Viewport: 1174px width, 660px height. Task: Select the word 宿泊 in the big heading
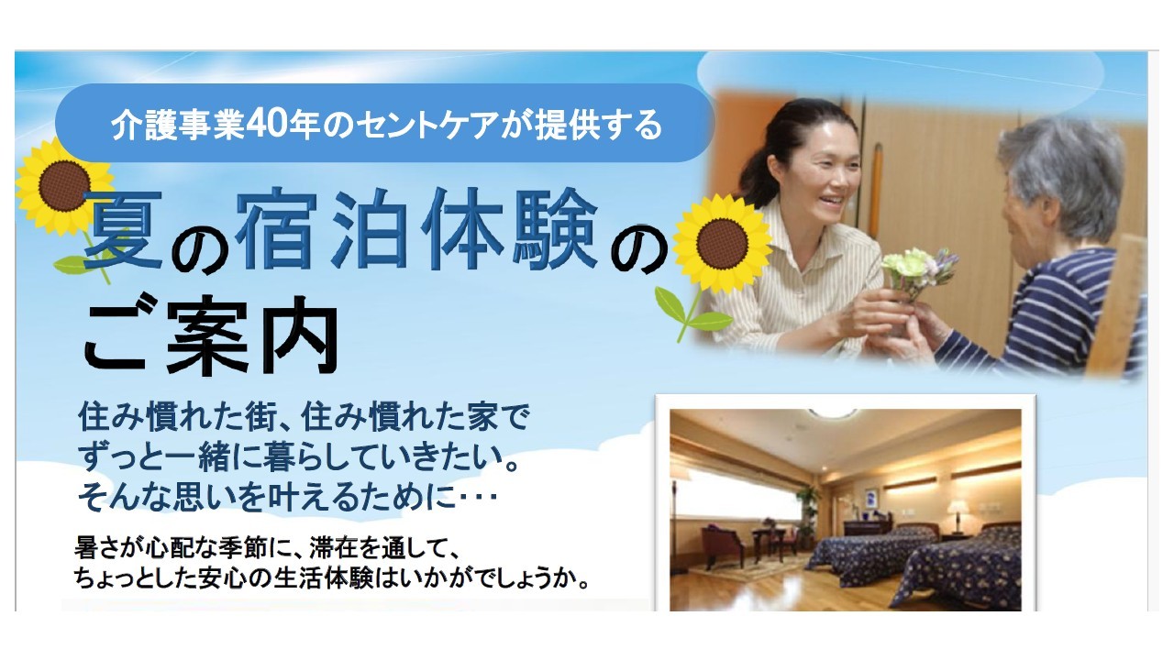pyautogui.click(x=321, y=229)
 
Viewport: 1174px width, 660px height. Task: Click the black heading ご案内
pyautogui.click(x=211, y=335)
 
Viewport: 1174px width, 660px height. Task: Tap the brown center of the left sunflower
pyautogui.click(x=64, y=185)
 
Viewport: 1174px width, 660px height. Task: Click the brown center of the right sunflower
pyautogui.click(x=722, y=244)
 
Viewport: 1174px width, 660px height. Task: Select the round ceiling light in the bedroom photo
pyautogui.click(x=834, y=414)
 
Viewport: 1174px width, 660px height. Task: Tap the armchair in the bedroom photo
pyautogui.click(x=722, y=544)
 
